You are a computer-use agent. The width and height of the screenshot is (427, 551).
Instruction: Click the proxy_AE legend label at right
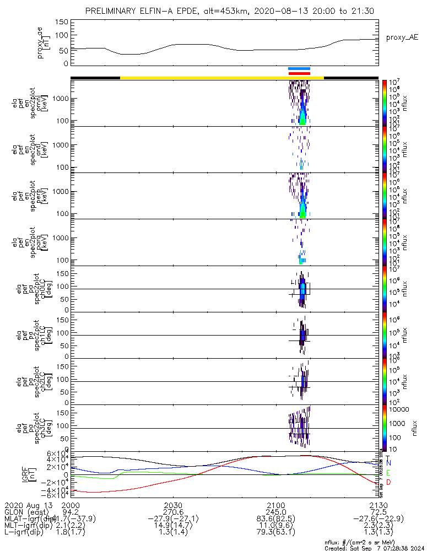[x=403, y=37]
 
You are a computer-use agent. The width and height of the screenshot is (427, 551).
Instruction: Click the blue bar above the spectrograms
[x=299, y=68]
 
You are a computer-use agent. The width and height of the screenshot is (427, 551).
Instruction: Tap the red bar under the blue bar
[x=299, y=73]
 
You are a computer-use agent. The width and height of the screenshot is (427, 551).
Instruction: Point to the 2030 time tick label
[x=173, y=505]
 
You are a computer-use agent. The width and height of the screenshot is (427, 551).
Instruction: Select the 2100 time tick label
[x=275, y=505]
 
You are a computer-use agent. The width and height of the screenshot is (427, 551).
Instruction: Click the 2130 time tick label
[x=379, y=505]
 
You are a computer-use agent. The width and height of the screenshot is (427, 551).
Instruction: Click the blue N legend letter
[x=388, y=464]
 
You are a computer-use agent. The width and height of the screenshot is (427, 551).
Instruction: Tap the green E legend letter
[x=388, y=473]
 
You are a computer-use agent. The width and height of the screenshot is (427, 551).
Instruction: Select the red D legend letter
[x=388, y=483]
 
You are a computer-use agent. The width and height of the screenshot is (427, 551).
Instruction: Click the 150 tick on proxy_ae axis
[x=62, y=22]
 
